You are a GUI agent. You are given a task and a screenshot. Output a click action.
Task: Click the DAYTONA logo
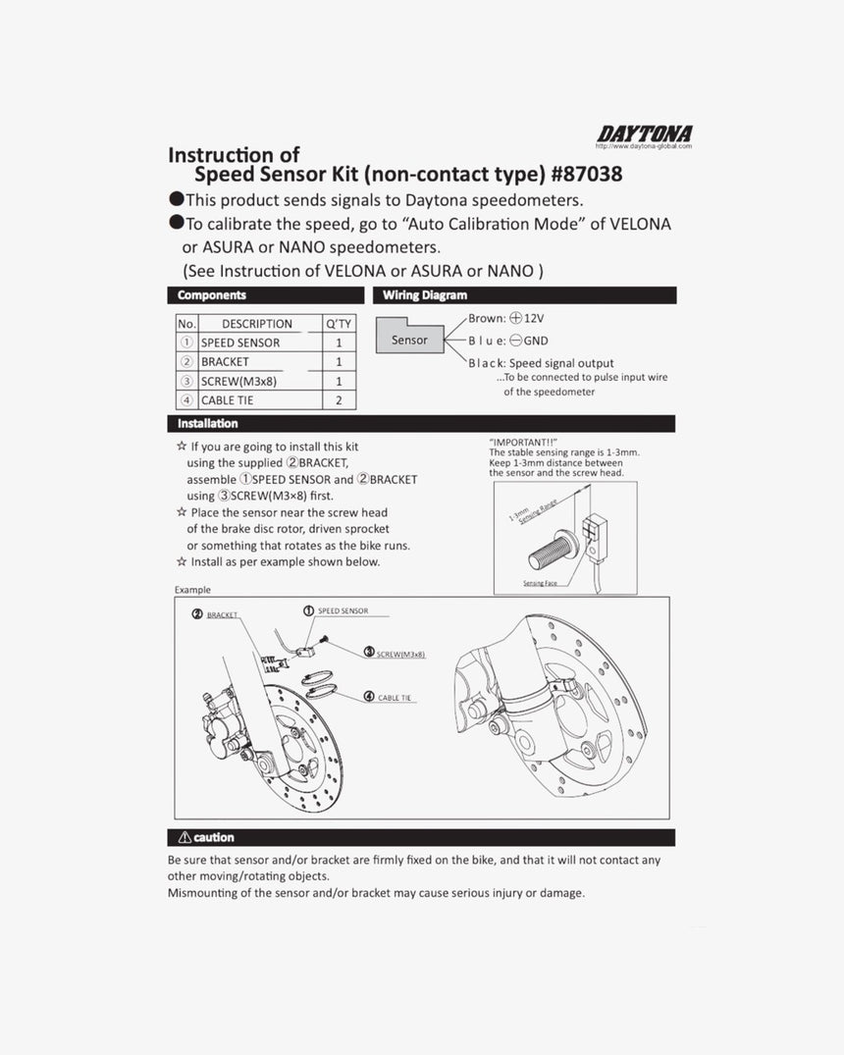644,133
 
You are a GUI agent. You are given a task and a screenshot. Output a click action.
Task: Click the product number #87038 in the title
587,175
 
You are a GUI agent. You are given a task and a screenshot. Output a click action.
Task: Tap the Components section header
212,294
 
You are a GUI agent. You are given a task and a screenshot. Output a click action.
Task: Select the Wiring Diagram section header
425,294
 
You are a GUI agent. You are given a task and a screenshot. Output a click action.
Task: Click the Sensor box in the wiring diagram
409,340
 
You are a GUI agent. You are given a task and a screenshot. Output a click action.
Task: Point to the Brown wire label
486,319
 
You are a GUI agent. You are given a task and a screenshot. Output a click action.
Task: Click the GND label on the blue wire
536,341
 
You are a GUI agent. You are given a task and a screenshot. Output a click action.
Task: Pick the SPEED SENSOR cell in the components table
240,343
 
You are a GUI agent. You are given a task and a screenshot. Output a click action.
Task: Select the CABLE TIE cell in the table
228,400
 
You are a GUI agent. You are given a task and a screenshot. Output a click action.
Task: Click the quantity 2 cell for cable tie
339,400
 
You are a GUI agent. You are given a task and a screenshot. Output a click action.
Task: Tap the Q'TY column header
339,324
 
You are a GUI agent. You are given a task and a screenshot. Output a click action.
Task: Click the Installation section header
208,423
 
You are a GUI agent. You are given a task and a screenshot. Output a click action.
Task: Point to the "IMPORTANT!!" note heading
523,443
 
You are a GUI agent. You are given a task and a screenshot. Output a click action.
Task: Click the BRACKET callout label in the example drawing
222,615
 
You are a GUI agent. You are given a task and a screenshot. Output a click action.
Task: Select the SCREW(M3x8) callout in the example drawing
400,653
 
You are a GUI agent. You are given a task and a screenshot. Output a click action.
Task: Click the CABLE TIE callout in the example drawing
395,698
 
